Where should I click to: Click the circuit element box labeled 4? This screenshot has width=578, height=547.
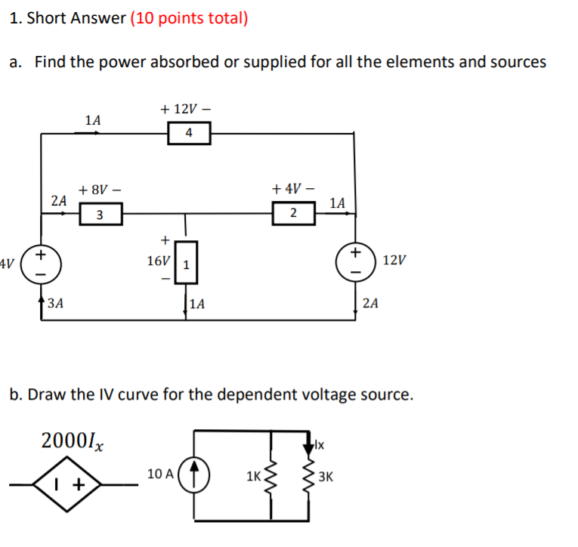click(189, 134)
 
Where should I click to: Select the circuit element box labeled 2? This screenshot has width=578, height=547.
click(292, 215)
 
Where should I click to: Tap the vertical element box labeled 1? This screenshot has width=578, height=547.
click(186, 262)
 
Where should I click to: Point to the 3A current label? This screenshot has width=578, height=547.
click(54, 304)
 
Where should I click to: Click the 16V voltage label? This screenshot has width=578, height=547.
click(158, 261)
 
